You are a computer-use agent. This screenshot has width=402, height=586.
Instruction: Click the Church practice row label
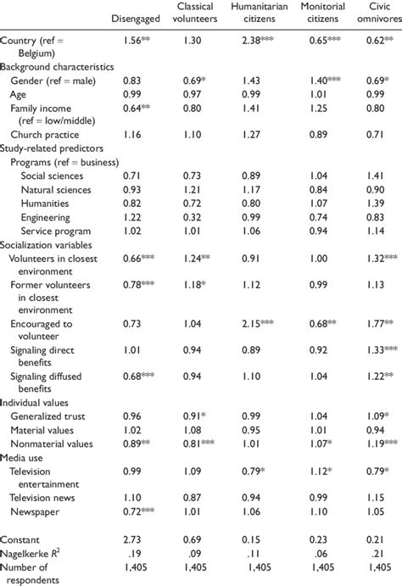[43, 136]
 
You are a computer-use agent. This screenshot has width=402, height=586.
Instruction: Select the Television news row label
[47, 497]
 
